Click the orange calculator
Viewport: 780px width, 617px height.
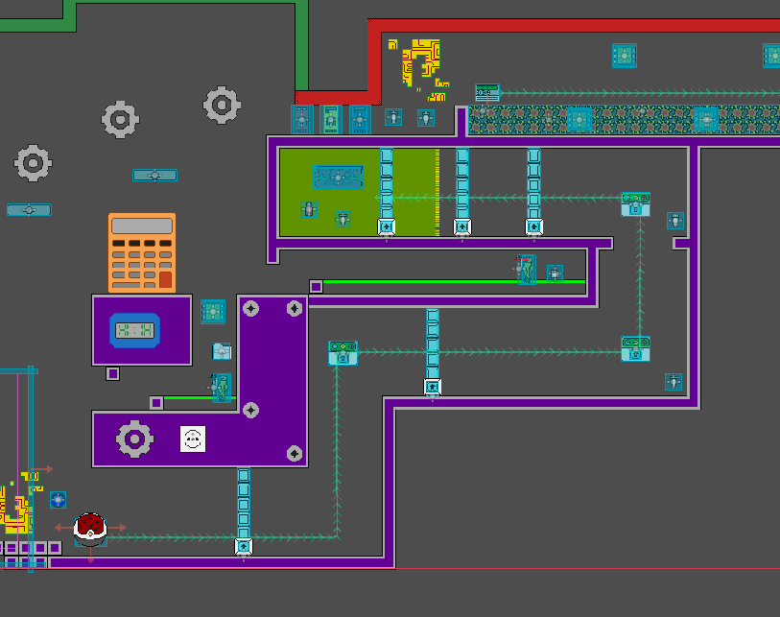tap(142, 252)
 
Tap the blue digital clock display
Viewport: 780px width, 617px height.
tap(135, 331)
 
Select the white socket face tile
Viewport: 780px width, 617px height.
tap(193, 439)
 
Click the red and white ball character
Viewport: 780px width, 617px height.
tap(89, 527)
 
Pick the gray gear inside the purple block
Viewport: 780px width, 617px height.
tap(134, 439)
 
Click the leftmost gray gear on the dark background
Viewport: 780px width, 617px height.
tap(33, 162)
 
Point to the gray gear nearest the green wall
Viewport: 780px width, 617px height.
tap(222, 104)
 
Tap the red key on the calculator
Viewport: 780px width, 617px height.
tap(166, 280)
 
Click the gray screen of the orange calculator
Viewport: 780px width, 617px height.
tap(142, 226)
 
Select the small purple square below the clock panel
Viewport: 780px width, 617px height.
tap(113, 373)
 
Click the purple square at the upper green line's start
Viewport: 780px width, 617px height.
tap(316, 286)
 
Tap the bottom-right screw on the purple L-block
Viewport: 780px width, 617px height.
tap(295, 453)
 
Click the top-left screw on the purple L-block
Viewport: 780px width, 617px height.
tap(251, 309)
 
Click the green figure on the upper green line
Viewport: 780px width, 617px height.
tap(526, 271)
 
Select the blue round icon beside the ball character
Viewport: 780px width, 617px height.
tap(58, 500)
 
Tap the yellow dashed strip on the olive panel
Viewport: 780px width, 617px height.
tap(437, 192)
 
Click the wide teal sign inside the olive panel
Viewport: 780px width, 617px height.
tap(338, 177)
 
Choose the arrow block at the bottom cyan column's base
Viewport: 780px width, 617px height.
tap(244, 546)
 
